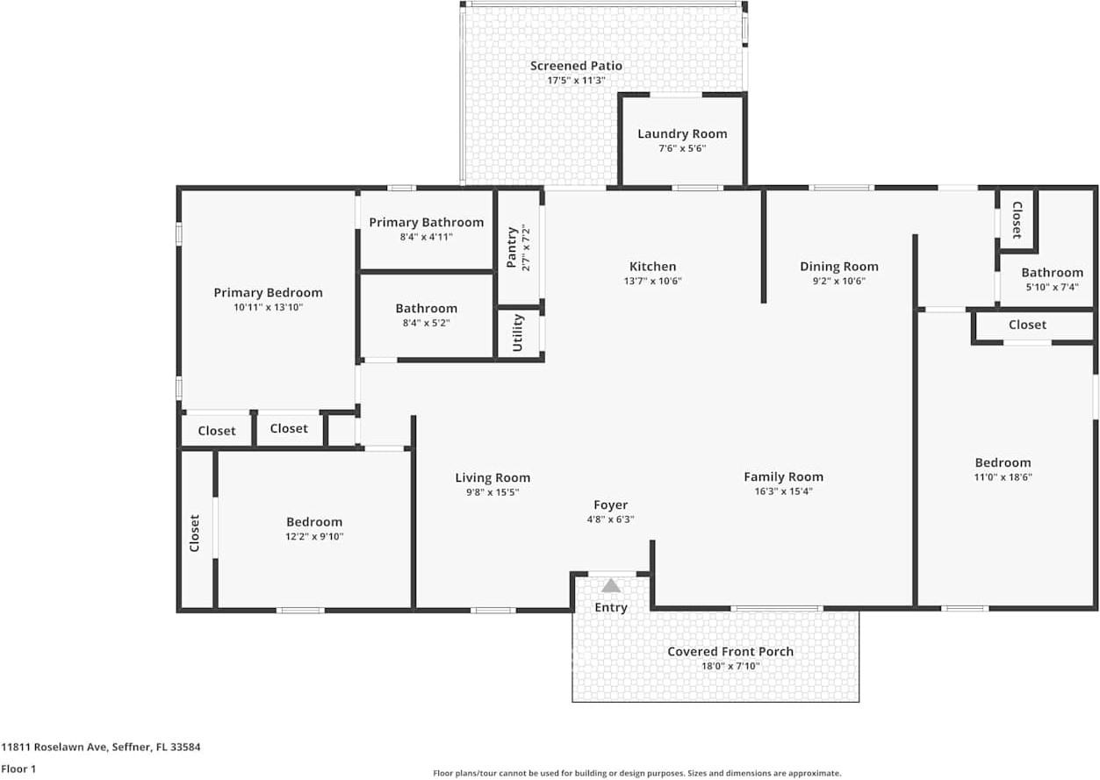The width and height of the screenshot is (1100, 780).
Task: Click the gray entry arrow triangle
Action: point(611,585)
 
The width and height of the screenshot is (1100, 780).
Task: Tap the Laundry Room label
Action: point(682,133)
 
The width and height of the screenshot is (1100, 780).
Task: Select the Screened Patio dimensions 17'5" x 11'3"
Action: point(576,80)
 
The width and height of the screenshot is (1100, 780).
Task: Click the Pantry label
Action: point(512,247)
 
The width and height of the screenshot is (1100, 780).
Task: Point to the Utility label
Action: point(518,333)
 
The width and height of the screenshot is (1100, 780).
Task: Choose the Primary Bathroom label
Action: point(427,222)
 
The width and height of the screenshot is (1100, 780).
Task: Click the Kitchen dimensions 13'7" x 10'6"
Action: point(652,281)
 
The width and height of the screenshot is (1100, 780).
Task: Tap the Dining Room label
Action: point(838,267)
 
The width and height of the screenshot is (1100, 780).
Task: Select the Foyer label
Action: point(610,505)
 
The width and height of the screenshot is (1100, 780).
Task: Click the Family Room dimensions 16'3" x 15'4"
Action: point(783,490)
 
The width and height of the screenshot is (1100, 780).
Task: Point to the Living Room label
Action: point(492,477)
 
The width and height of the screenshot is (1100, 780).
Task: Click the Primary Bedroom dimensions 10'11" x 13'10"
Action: point(268,307)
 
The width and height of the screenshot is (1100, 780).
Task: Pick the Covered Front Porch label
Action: point(730,651)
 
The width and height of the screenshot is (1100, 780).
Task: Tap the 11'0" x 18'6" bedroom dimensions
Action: point(1003,476)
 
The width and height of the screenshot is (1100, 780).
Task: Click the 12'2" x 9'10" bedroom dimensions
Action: point(314,536)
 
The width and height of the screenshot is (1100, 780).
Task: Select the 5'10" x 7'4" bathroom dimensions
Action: point(1052,287)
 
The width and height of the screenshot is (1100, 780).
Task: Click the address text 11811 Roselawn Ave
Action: point(54,748)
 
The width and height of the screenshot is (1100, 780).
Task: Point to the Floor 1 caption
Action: point(18,769)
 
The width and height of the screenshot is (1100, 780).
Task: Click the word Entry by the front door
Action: point(611,608)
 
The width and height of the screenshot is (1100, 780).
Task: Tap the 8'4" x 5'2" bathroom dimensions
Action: point(427,323)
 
